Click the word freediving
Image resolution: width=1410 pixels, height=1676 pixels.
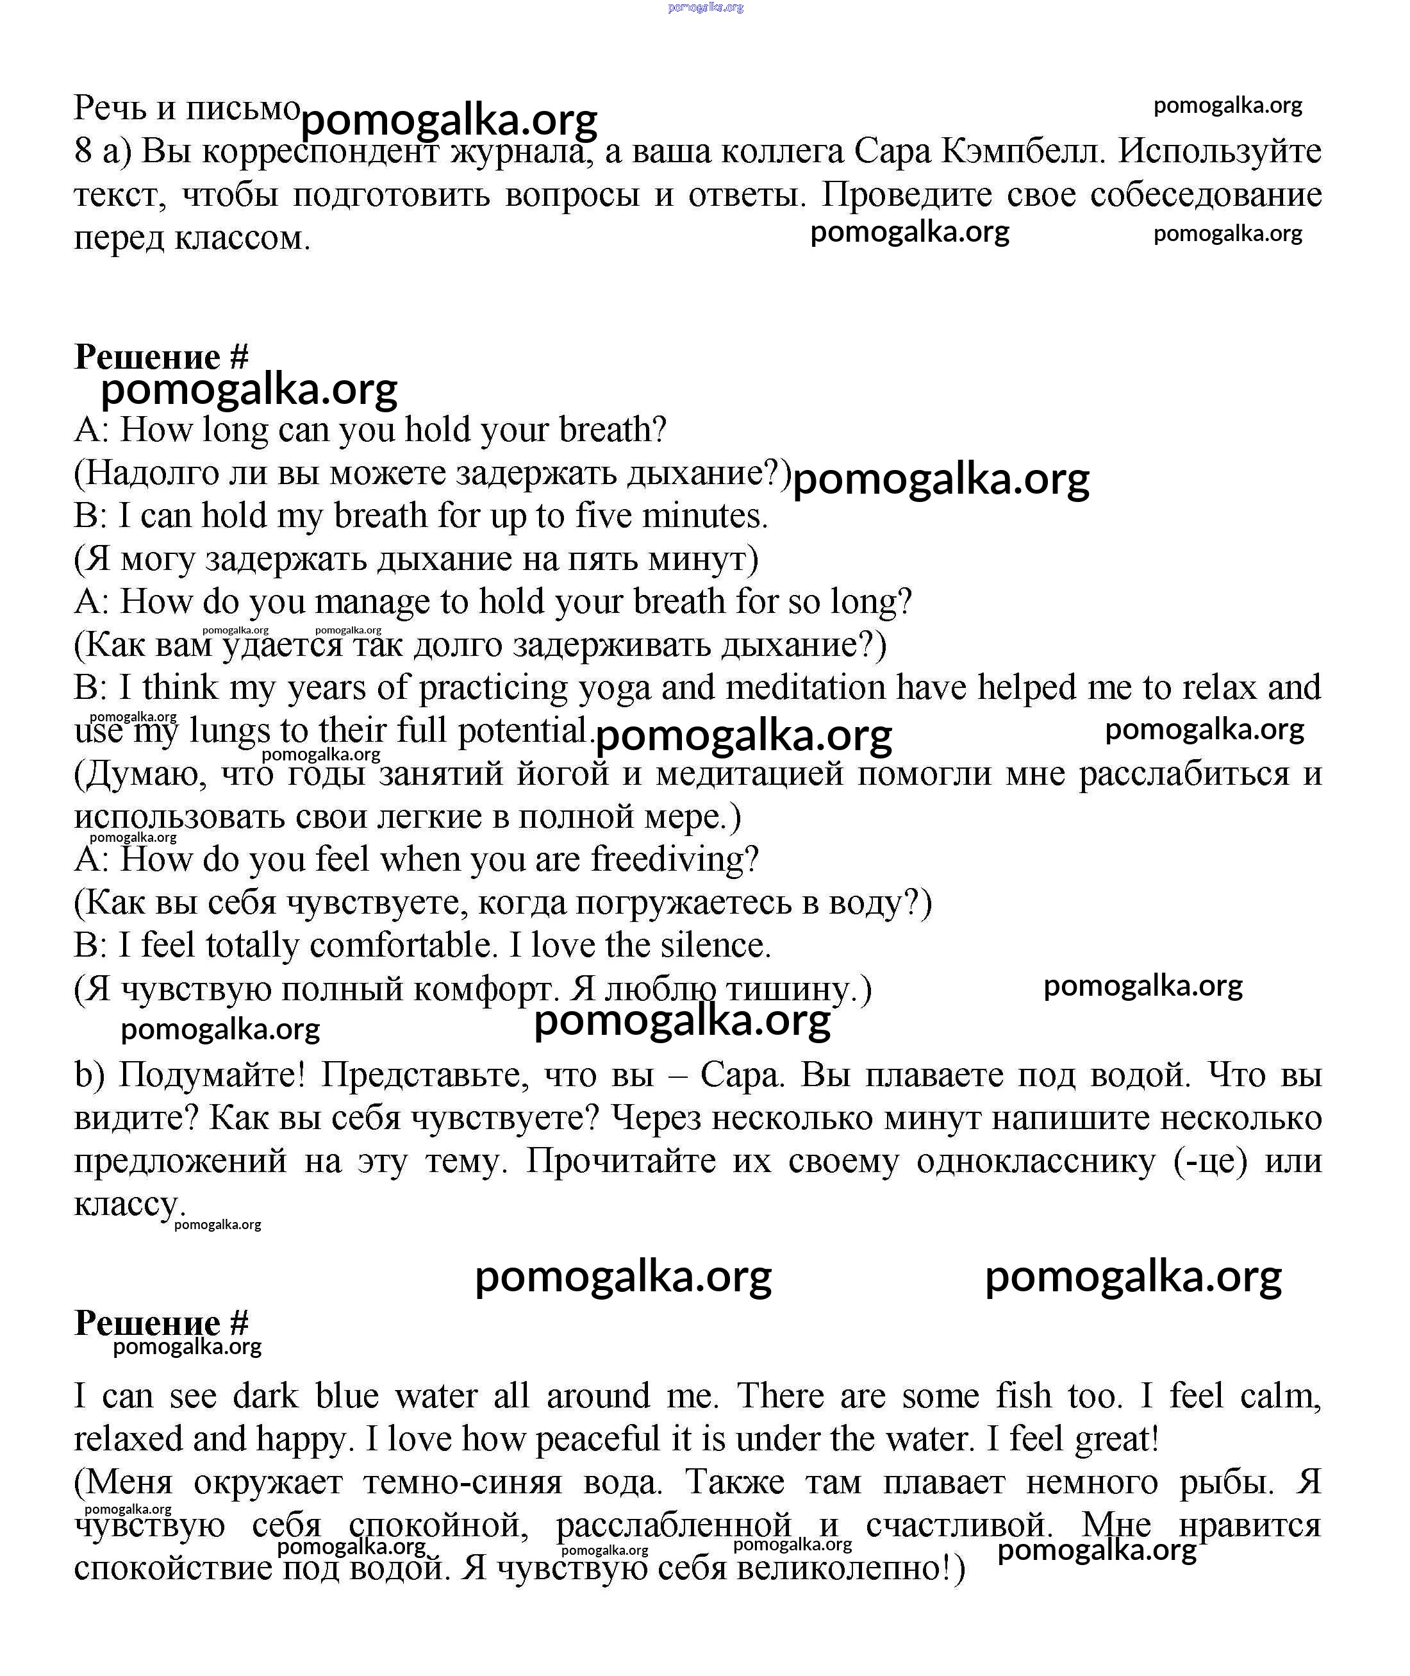pos(674,860)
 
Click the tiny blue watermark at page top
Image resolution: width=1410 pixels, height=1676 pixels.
pos(705,7)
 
